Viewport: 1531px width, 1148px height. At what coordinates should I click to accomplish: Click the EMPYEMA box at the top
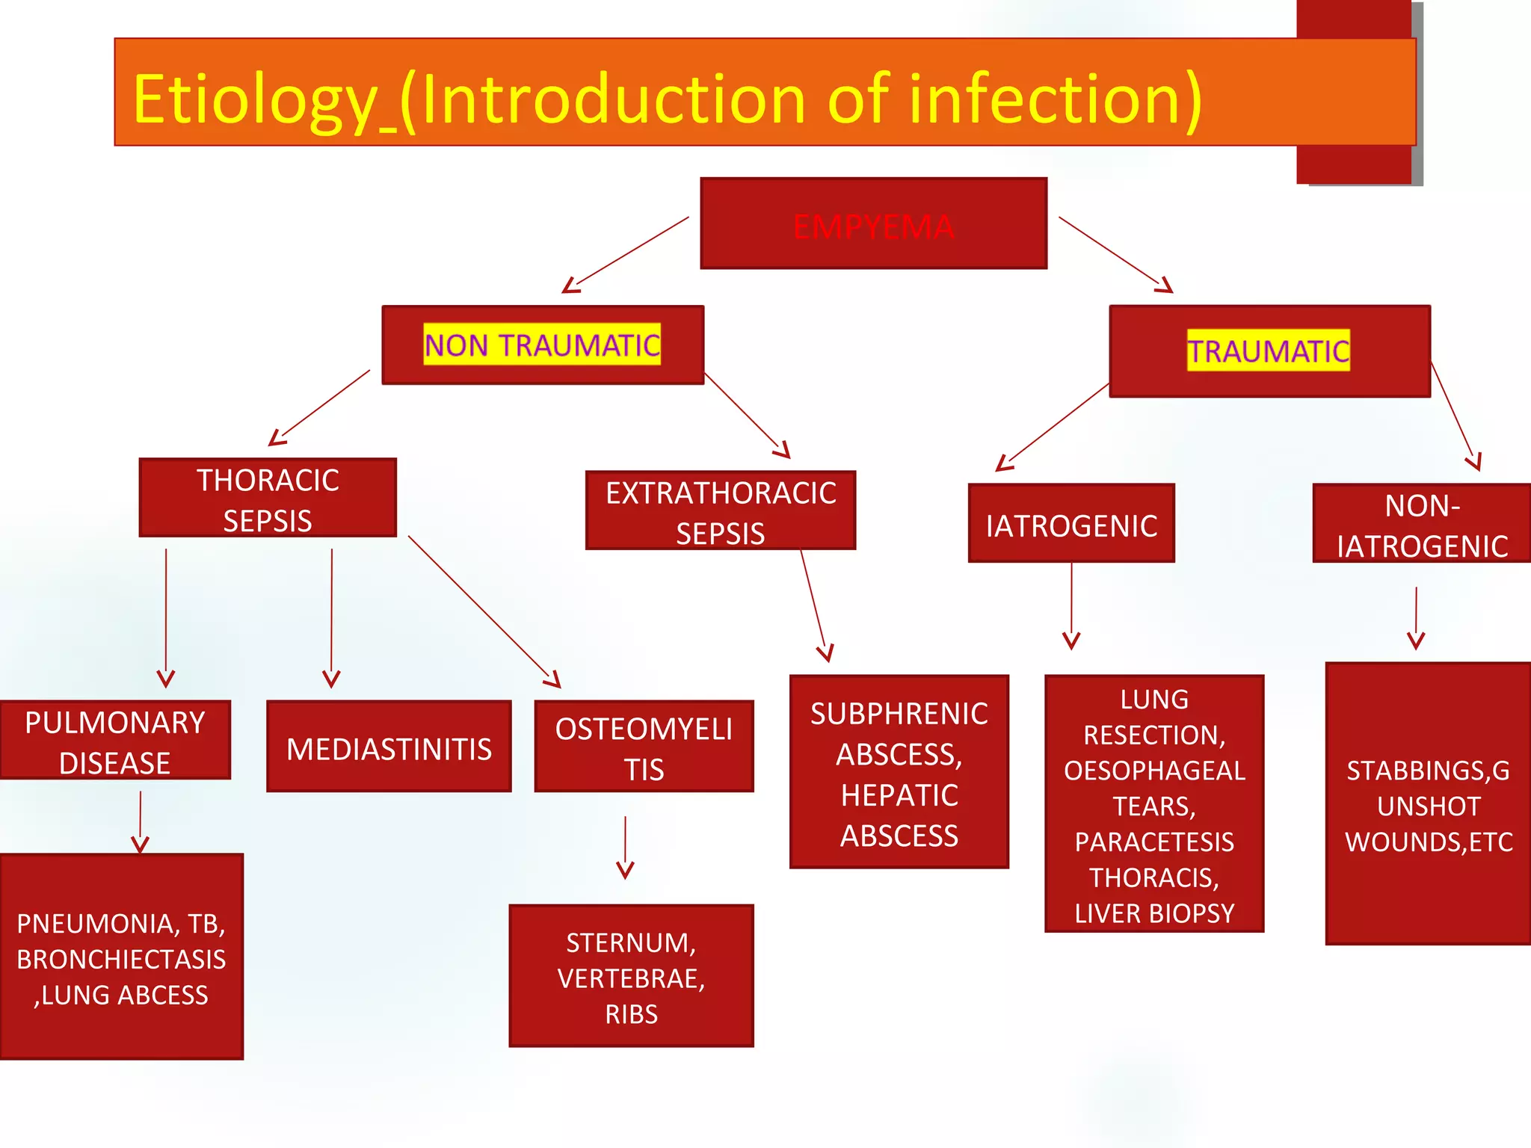873,224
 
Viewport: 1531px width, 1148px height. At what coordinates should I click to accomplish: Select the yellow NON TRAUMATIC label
542,345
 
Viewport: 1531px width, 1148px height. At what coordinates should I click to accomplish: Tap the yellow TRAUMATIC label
1269,351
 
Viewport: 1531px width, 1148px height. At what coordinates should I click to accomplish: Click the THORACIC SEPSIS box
268,499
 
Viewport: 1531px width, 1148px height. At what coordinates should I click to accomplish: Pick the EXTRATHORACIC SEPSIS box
721,511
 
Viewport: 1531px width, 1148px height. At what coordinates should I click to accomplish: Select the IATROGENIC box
1071,524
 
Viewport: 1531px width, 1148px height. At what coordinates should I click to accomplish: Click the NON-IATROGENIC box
1422,525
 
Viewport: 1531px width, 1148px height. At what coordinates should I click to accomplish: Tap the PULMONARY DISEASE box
115,741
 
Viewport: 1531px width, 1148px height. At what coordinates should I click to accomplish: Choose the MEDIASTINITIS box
389,747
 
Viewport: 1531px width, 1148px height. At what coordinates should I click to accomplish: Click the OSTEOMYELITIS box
644,747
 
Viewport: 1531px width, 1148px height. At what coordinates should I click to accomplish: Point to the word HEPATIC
899,795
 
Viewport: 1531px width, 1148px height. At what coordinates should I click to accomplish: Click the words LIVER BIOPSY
1154,913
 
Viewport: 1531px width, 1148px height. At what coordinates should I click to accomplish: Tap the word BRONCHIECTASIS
121,960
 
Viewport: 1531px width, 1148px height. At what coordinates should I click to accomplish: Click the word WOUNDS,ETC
1429,842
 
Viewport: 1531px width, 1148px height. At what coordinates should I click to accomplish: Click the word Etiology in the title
254,99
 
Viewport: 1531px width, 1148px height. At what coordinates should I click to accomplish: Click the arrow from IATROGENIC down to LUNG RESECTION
1071,605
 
